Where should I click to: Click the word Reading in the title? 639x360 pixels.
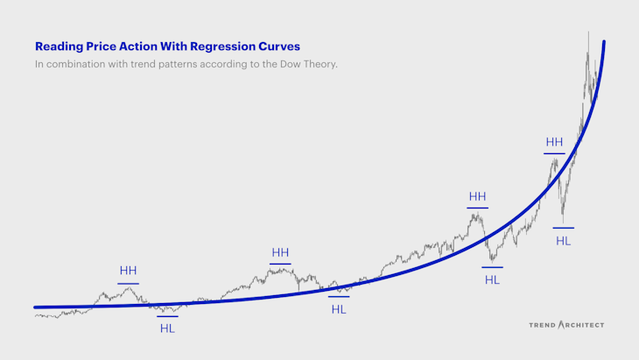tap(57, 46)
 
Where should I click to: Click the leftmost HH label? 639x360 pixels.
tap(128, 271)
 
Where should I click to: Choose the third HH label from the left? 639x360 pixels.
tap(477, 197)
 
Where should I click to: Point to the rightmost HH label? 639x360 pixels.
tap(554, 142)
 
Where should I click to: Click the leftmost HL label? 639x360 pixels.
tap(167, 328)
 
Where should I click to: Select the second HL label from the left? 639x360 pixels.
tap(339, 310)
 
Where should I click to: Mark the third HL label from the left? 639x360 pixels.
tap(492, 279)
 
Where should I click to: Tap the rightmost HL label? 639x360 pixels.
tap(563, 240)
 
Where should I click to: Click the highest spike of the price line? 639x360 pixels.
tap(588, 33)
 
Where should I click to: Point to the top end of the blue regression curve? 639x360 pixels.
tap(604, 42)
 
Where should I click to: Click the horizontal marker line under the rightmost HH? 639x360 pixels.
tap(554, 154)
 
